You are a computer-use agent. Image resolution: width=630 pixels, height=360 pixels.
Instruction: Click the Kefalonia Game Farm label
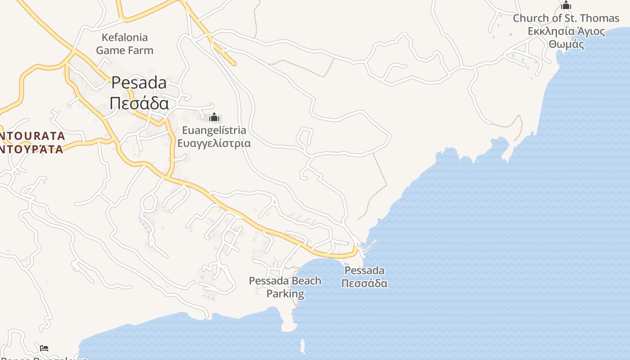coord(125,44)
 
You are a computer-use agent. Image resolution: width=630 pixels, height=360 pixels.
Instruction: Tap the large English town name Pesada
coord(139,83)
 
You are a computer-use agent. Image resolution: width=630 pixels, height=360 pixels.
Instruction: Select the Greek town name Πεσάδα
coord(139,103)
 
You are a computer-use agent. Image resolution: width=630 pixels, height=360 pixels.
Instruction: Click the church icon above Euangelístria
coord(214,117)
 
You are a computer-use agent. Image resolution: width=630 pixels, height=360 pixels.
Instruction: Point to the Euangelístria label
coord(214,130)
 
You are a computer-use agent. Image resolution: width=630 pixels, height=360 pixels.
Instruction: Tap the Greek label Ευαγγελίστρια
coord(214,144)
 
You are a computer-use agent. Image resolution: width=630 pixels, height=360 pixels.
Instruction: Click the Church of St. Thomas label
coord(566,18)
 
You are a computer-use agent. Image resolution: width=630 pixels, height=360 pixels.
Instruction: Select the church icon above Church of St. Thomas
coord(566,5)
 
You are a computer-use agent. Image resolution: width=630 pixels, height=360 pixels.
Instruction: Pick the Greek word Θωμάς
coord(566,45)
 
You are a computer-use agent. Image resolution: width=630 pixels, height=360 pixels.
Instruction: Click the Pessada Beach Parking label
coord(285,287)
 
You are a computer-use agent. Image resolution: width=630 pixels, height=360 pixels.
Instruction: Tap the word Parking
coord(285,294)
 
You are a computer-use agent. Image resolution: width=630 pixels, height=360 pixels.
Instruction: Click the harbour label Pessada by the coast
coord(364,270)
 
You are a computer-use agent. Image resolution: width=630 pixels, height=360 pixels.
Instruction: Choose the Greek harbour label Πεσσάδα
coord(364,283)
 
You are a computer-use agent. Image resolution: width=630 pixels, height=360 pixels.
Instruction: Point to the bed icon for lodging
coord(44,348)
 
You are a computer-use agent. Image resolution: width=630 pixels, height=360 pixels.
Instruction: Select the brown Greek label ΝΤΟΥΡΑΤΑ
coord(31,149)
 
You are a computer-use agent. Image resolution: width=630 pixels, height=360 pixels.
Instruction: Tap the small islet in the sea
coord(302,346)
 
